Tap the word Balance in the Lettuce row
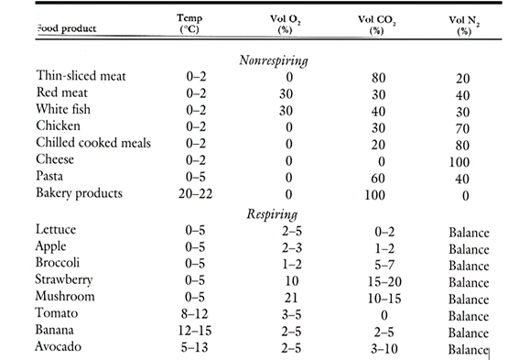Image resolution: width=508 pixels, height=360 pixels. [x=469, y=234]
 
